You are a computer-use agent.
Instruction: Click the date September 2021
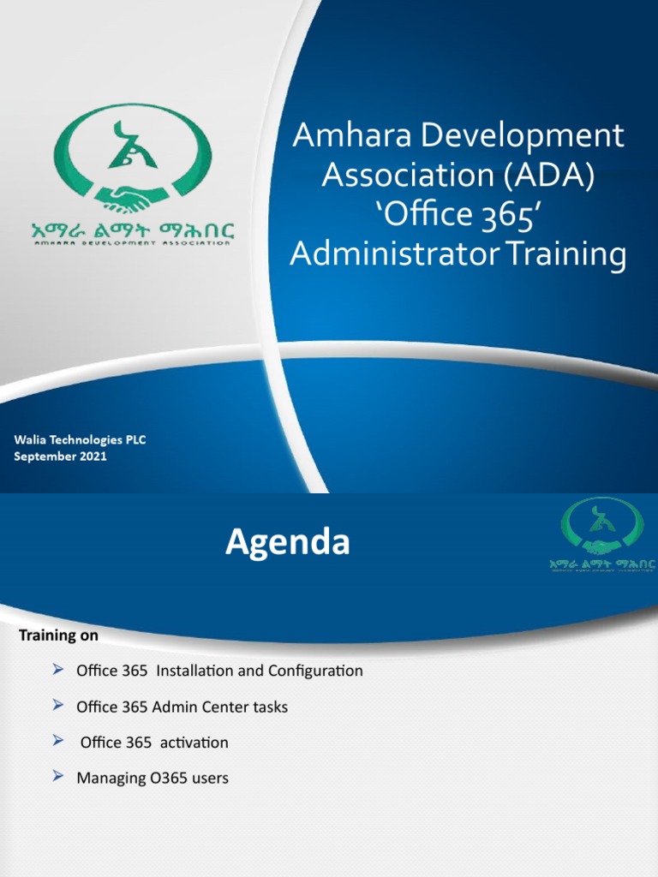(x=60, y=456)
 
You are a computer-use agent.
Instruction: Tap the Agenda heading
(x=287, y=543)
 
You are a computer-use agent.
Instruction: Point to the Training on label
(x=58, y=636)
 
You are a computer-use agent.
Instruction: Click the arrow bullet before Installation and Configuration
(x=58, y=669)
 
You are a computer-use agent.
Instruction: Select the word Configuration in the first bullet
(x=315, y=671)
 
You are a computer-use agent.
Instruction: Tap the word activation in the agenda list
(x=192, y=743)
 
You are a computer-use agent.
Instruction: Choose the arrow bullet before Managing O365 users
(x=58, y=777)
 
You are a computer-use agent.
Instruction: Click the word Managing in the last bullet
(x=105, y=779)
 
